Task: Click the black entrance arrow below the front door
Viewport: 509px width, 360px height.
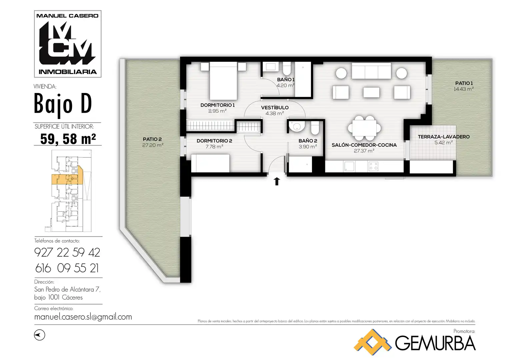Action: point(277,181)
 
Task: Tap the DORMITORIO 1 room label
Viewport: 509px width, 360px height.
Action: point(217,105)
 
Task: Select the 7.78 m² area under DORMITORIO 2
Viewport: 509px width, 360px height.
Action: point(214,147)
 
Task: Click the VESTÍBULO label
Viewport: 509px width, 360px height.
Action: point(275,107)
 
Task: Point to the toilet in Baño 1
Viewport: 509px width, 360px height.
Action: point(287,68)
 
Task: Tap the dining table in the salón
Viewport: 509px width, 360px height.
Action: point(364,128)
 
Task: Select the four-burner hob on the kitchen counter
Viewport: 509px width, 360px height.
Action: point(373,166)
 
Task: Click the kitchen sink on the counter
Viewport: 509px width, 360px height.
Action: point(349,166)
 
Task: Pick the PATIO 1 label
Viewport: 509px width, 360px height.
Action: point(464,83)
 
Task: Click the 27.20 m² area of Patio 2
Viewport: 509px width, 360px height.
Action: point(153,145)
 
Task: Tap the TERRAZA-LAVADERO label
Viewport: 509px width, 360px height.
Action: point(444,137)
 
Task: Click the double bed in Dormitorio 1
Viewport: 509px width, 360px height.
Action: point(223,81)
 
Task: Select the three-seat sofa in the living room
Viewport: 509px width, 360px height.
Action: point(371,71)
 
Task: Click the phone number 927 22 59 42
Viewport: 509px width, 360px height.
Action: point(67,253)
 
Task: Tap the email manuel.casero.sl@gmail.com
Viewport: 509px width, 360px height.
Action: point(83,317)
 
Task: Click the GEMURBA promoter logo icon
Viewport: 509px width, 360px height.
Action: point(372,342)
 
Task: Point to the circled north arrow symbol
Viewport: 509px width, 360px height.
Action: point(40,335)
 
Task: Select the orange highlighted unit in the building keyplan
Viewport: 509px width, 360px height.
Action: point(67,179)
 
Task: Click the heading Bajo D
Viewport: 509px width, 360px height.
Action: point(63,104)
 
